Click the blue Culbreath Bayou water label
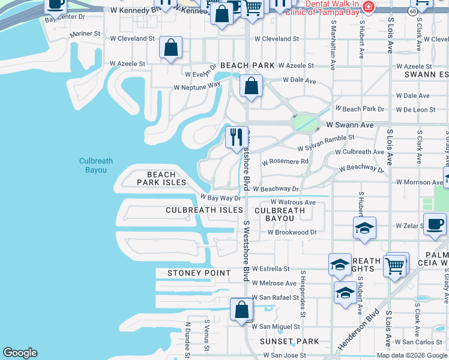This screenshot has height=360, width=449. [96, 166]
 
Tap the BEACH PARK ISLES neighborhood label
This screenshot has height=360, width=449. [161, 178]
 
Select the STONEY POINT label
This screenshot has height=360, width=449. [191, 273]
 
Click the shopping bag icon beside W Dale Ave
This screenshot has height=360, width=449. [251, 86]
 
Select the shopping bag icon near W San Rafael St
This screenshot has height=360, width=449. [242, 310]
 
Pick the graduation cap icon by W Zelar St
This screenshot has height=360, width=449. [364, 229]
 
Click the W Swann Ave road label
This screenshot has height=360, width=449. [350, 125]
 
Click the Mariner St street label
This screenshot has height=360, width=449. [85, 34]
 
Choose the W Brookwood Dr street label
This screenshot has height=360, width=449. [292, 232]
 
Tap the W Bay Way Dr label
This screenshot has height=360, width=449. [220, 197]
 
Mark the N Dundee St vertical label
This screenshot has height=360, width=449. [188, 336]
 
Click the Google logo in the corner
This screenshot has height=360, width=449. [20, 353]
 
